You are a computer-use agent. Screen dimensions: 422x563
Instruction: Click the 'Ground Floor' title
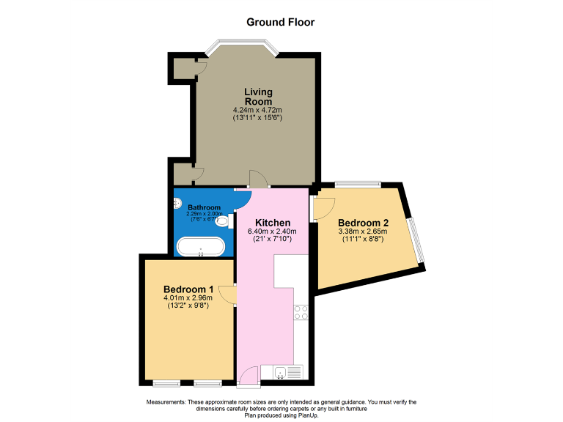(x=281, y=22)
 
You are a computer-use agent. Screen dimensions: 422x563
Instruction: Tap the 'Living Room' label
(x=258, y=97)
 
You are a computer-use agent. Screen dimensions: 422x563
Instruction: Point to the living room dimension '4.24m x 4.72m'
(x=258, y=110)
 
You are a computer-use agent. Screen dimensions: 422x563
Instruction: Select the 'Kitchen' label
(x=273, y=223)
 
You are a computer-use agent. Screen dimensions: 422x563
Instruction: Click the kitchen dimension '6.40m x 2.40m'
(x=273, y=233)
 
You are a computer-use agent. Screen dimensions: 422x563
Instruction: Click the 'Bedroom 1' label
(x=188, y=289)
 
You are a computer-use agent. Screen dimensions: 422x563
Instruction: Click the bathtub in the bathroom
(x=201, y=246)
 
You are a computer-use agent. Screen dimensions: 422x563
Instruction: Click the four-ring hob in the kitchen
(x=301, y=313)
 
